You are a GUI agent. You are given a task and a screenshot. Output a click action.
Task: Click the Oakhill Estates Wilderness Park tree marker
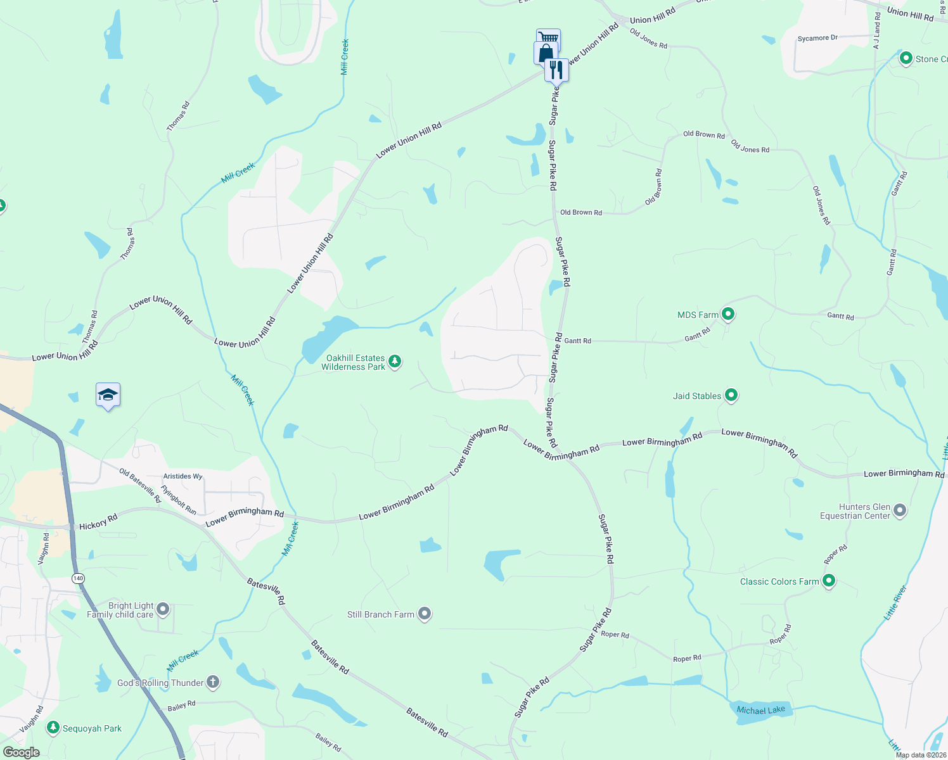395,362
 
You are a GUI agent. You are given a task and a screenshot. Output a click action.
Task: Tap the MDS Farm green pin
728,313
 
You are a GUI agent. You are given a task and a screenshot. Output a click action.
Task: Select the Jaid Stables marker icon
731,395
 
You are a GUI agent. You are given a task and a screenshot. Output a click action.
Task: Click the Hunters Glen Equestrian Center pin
900,510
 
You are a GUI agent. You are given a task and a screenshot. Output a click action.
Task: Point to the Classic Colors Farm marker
829,581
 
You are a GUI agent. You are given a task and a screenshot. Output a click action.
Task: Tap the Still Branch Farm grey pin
425,614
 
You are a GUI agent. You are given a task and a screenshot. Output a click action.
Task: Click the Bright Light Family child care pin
163,609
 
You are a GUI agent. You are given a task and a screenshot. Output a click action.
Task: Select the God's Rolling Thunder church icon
213,682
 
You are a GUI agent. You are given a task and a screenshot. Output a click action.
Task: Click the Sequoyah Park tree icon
54,728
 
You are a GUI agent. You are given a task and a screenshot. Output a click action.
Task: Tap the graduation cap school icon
108,395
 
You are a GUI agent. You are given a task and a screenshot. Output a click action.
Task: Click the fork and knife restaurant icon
556,69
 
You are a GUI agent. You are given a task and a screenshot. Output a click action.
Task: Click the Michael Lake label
760,710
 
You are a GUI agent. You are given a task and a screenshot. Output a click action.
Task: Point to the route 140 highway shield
78,578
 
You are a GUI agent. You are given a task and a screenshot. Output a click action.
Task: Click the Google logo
21,752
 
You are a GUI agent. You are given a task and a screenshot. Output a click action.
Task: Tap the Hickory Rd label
98,522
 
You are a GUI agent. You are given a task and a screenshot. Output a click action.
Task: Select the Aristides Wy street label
183,476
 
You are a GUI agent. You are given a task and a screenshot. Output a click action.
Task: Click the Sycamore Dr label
817,39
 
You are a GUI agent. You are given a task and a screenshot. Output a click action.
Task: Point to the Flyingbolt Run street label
179,500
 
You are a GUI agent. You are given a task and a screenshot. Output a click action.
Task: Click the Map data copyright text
921,755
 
